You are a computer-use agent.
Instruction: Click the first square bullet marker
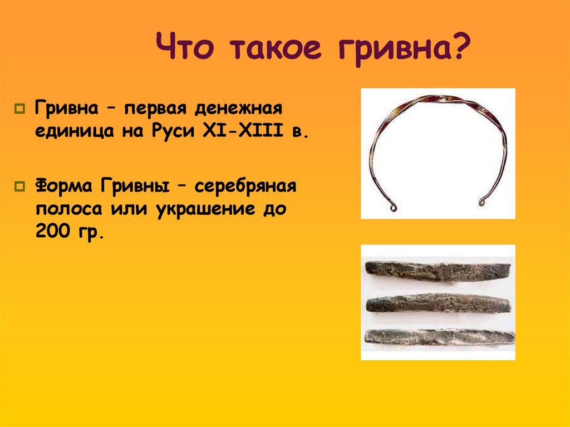coord(22,107)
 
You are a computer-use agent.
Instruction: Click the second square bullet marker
coord(22,185)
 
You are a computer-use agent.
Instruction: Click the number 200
coord(53,233)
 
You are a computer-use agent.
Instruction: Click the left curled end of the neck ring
coord(394,208)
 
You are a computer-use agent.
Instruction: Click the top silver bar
coord(438,271)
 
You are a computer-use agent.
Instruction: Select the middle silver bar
coord(438,303)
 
